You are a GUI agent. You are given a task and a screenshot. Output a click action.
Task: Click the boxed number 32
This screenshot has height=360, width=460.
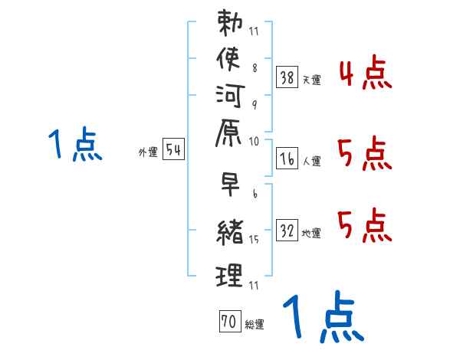click(287, 230)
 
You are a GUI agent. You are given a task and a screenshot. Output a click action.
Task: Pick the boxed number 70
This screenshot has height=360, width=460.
click(228, 322)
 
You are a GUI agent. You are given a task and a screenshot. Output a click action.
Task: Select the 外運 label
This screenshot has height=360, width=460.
click(147, 152)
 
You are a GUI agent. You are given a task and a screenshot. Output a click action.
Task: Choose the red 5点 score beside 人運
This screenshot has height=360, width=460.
click(365, 155)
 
